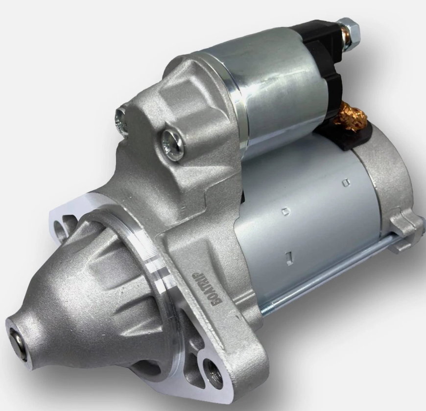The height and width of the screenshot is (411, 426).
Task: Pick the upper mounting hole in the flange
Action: pyautogui.click(x=62, y=227)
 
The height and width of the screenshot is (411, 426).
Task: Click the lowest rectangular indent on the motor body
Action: pyautogui.click(x=289, y=256)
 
